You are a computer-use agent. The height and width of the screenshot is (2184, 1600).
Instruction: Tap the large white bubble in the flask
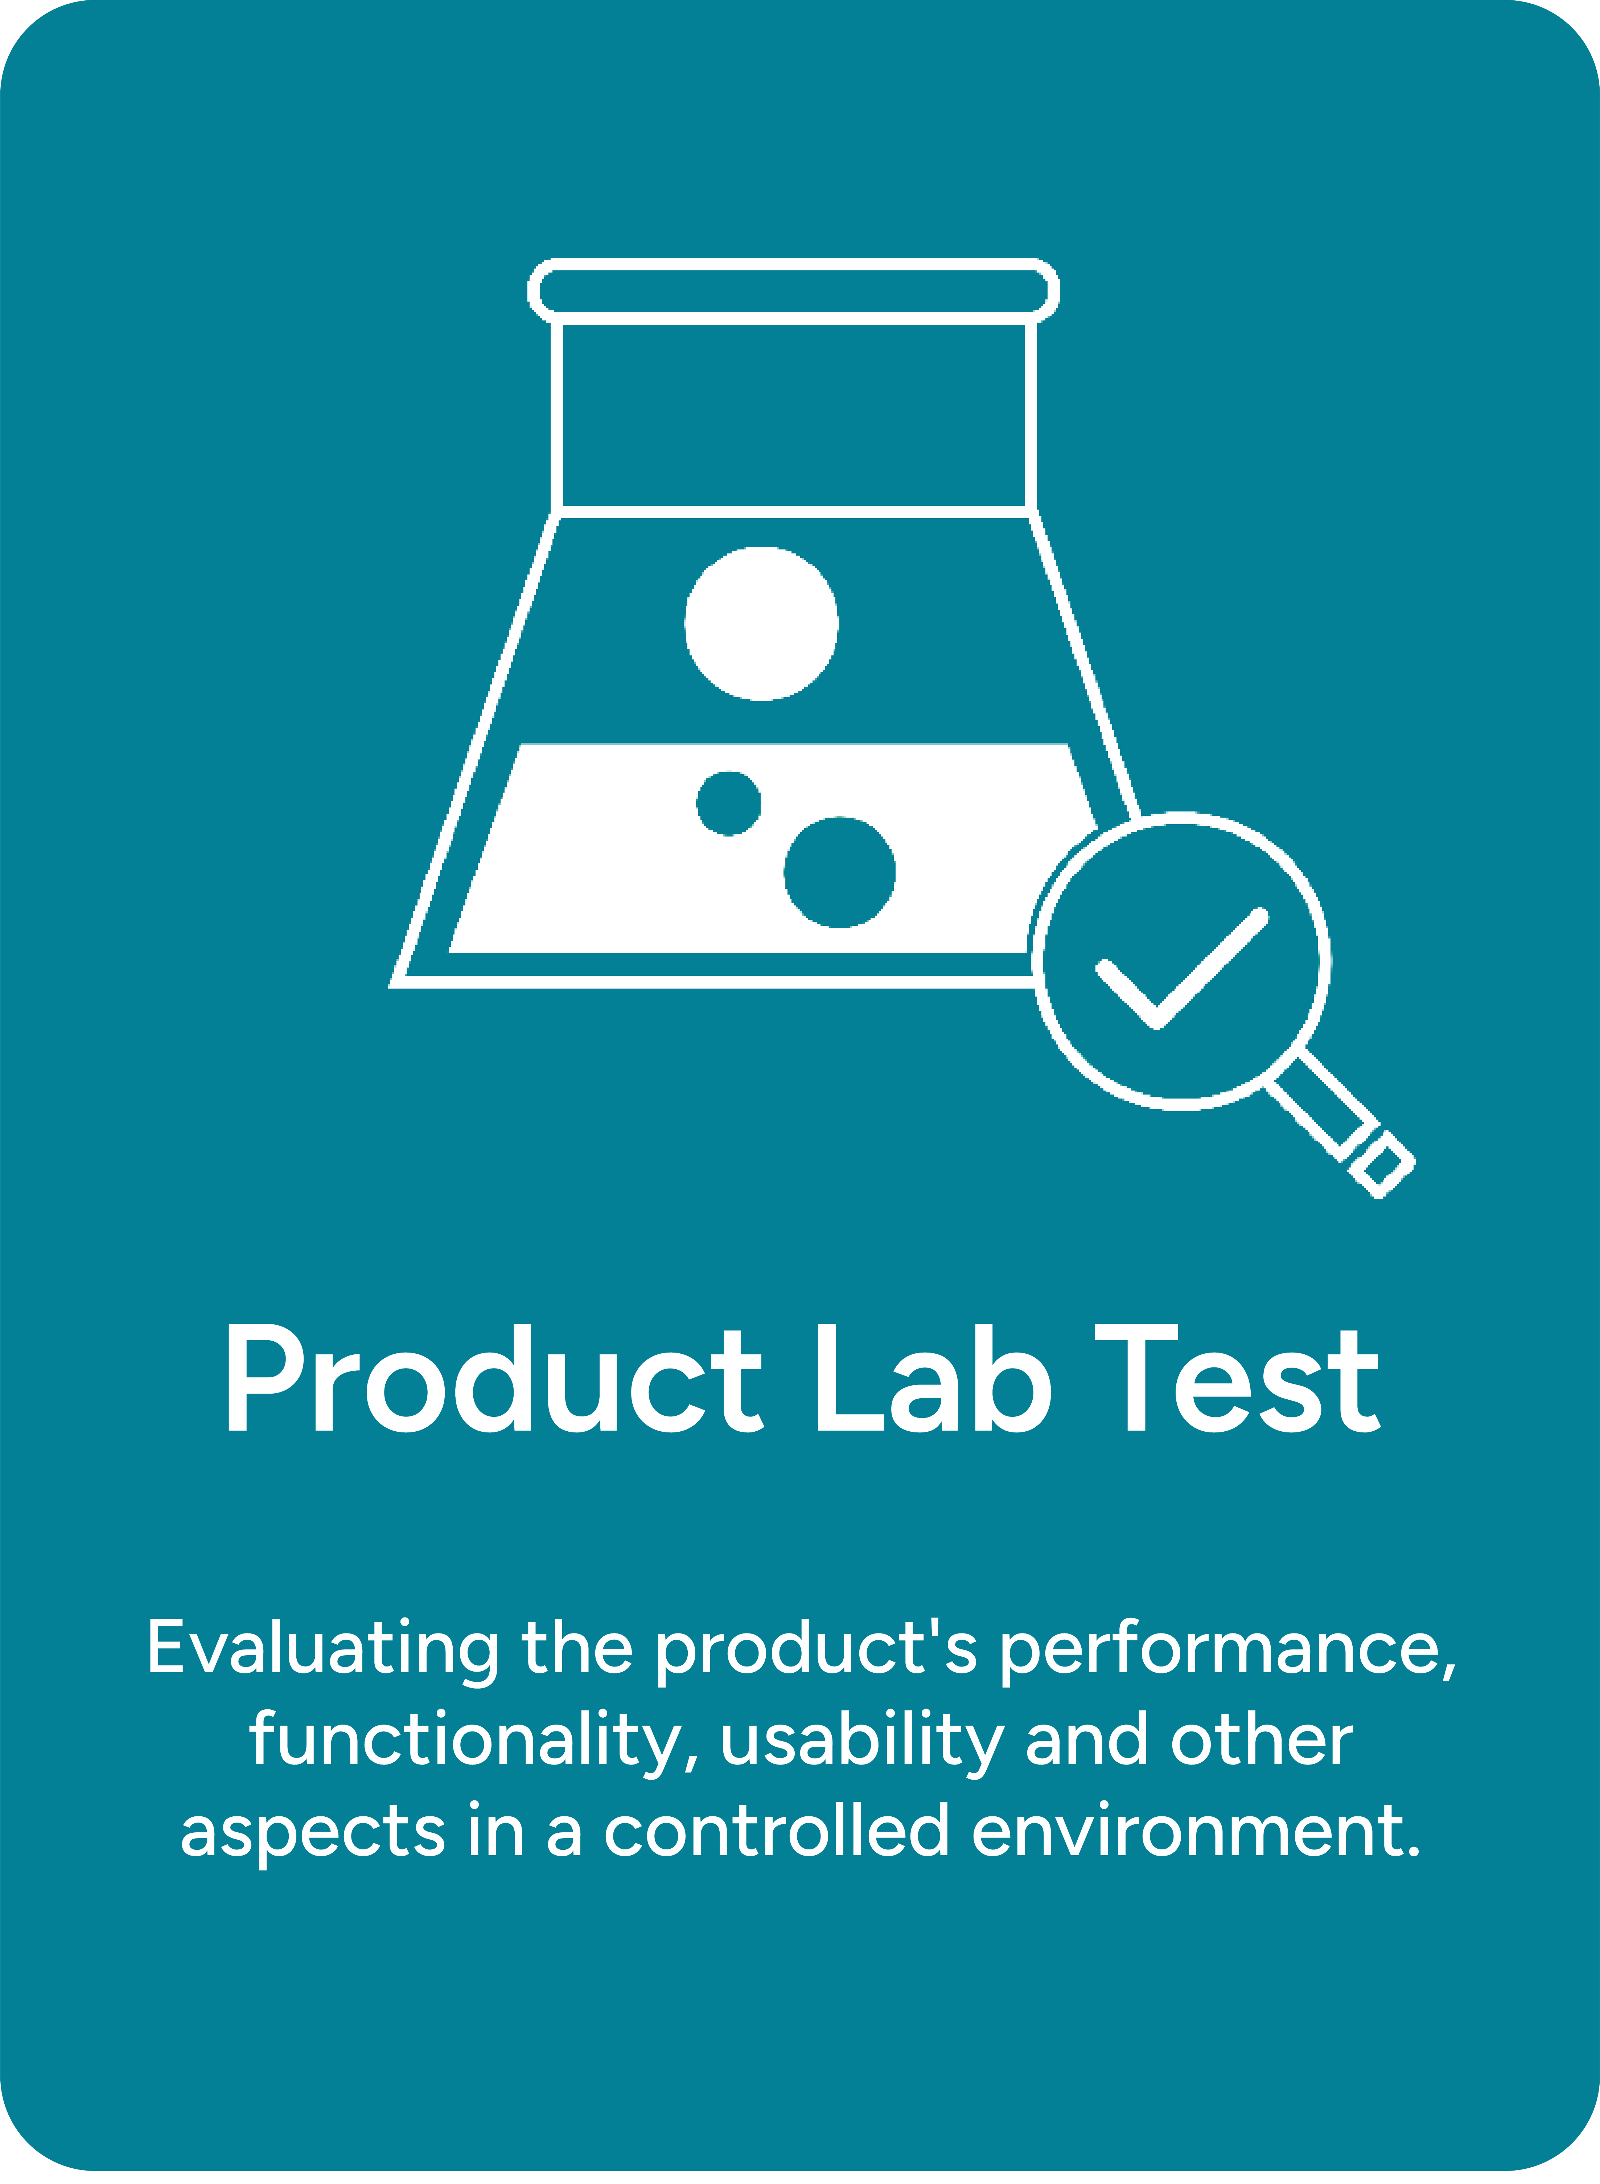tap(761, 623)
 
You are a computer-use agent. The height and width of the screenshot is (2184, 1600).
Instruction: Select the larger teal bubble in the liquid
tap(840, 872)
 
